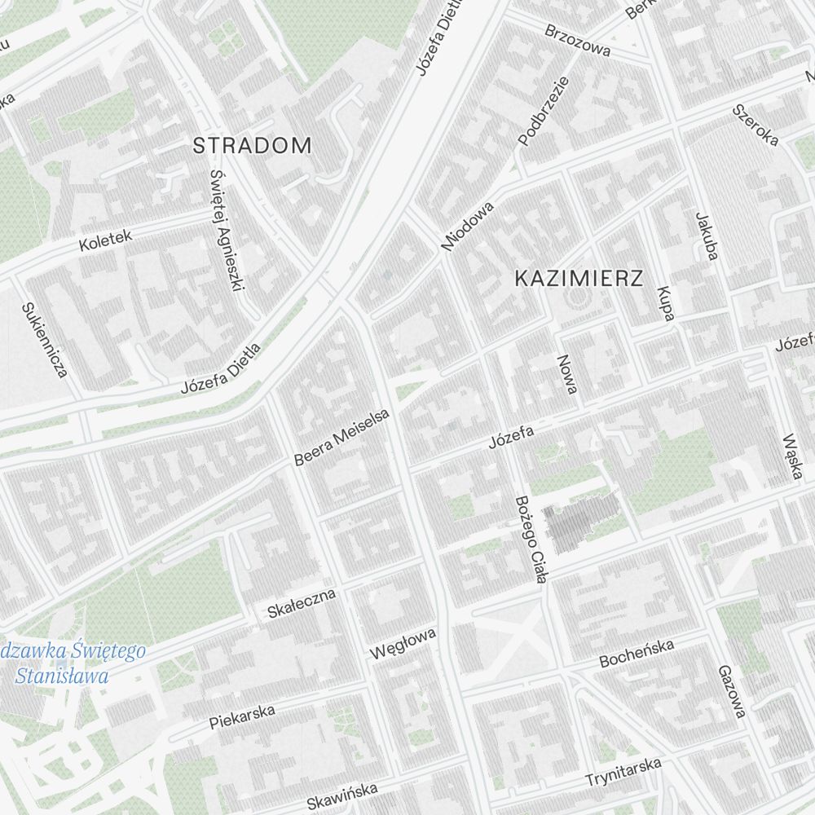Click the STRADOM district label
coord(252,146)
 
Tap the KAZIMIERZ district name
coord(579,279)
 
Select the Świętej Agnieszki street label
coord(227,231)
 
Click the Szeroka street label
coord(755,125)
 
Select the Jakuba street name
coord(706,236)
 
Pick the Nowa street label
coord(566,375)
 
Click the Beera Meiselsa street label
coord(342,438)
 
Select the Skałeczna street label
coord(302,603)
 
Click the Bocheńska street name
coord(637,654)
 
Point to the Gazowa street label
coord(731,692)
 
